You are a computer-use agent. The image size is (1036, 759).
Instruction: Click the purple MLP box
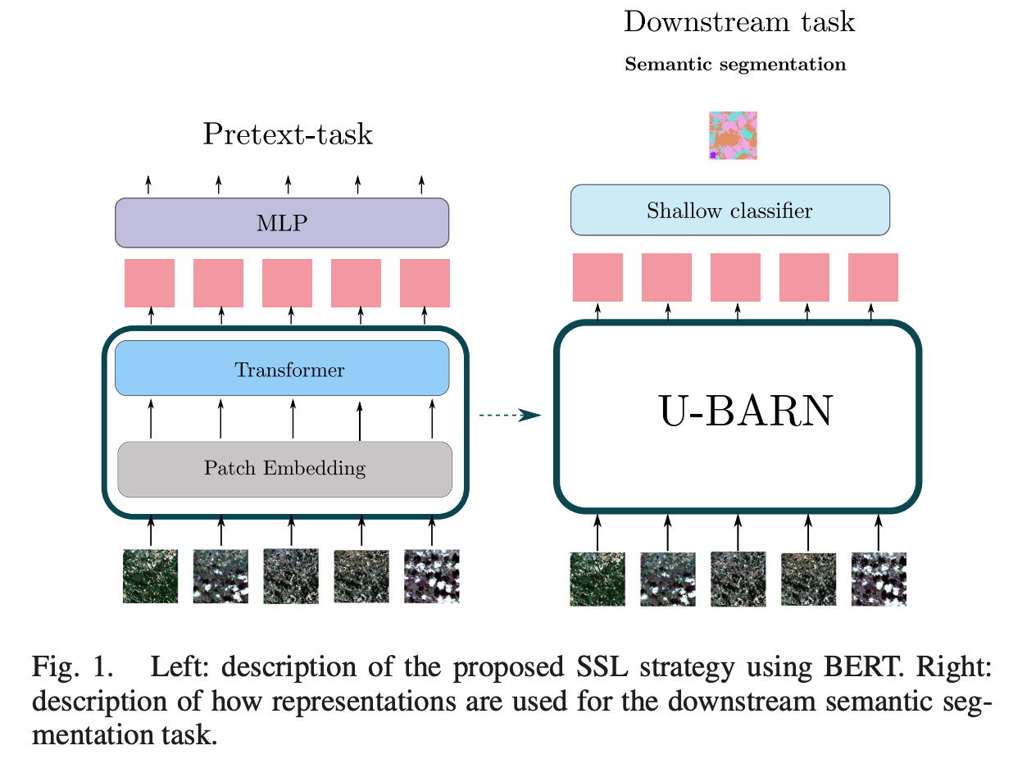coord(282,222)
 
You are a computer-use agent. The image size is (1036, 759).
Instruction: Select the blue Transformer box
coord(282,370)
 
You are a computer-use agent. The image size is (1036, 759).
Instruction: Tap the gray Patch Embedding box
coord(284,469)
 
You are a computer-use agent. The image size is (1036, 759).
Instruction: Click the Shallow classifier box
coord(729,211)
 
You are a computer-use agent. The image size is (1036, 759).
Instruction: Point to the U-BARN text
coord(745,412)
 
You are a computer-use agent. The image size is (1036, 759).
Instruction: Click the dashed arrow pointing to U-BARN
coord(510,416)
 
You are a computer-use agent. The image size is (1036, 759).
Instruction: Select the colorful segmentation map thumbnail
coord(733,135)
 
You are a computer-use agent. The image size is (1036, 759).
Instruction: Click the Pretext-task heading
coord(288,134)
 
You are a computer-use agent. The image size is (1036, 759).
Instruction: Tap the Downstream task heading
coord(739,22)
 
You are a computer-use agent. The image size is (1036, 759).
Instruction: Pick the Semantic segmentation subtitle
coord(735,65)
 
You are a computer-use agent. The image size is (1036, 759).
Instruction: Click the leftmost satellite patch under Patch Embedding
coord(150,576)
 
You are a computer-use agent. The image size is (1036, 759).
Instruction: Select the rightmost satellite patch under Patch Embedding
coord(432,576)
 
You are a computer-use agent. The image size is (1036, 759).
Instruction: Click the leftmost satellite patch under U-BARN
coord(598,579)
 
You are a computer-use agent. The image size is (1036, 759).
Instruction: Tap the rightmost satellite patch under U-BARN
coord(879,579)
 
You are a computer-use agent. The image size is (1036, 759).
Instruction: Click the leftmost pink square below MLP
coord(149,283)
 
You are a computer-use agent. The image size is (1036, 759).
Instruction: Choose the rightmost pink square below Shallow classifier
coord(873,277)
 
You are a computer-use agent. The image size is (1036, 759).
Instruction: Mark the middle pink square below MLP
coord(287,283)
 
